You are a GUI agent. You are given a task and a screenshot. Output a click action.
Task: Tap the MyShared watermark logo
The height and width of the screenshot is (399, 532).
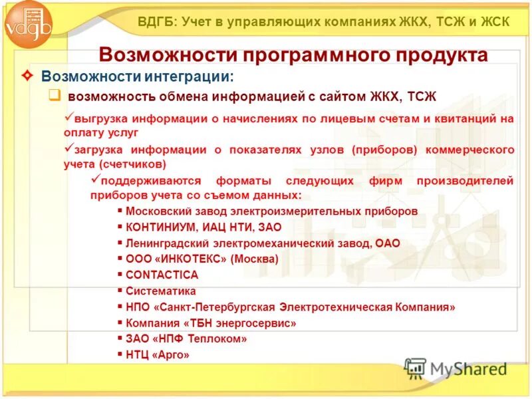point(456,368)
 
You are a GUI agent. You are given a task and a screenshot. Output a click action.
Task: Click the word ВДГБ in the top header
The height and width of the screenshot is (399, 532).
point(157,21)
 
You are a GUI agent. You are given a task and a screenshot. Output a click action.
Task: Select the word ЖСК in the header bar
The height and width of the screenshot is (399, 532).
point(493,21)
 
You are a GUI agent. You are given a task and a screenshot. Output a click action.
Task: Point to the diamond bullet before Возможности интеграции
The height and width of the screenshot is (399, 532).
point(27,77)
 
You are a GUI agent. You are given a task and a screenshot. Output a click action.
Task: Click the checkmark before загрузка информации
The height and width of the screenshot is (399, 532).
point(68,148)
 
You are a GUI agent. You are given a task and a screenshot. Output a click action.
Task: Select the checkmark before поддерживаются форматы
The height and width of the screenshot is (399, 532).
point(94,180)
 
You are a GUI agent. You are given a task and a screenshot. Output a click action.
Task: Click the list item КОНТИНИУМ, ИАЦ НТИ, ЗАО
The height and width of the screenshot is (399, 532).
point(203,227)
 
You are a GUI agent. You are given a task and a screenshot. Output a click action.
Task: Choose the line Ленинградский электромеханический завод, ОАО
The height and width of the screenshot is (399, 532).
point(263,243)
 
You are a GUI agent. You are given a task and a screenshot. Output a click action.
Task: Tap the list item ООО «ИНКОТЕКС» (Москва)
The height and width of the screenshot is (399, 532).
point(201,259)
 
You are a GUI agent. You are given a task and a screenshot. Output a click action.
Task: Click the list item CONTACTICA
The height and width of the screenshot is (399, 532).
point(162,275)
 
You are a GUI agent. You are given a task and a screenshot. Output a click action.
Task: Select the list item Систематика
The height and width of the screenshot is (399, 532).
point(160,291)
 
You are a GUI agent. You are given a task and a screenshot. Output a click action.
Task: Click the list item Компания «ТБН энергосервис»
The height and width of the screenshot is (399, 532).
point(211,323)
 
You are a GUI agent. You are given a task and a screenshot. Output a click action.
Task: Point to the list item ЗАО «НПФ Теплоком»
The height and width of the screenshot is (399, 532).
point(186,339)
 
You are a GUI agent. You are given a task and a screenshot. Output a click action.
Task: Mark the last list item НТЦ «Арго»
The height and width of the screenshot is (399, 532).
point(158,355)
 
